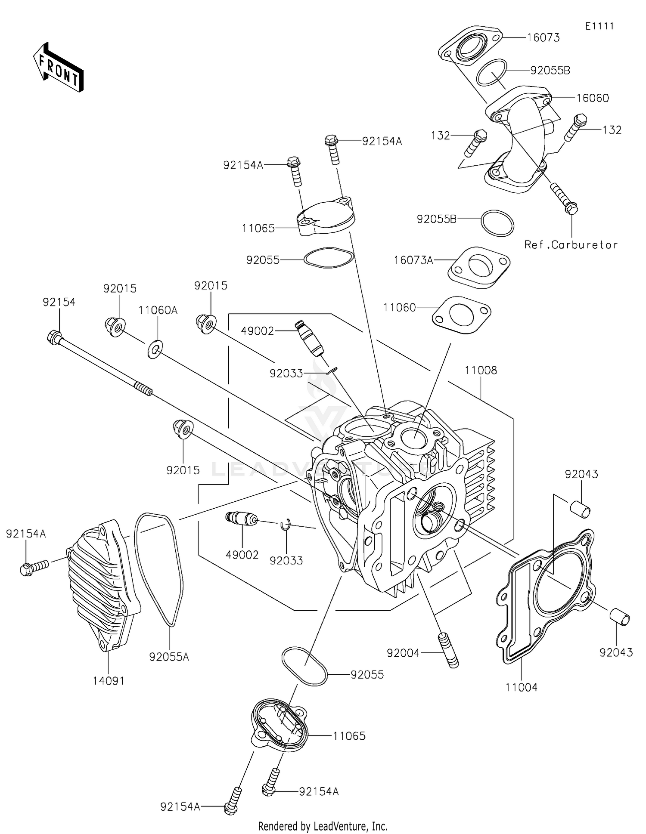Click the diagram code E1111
(x=599, y=26)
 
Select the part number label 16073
(x=543, y=38)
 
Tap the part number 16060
(x=592, y=98)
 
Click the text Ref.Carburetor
(x=571, y=245)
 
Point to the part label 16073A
(x=413, y=260)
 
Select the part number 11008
(x=481, y=370)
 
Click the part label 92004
(x=403, y=653)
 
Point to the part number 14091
(x=109, y=681)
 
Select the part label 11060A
(x=158, y=310)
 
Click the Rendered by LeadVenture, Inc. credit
(x=323, y=826)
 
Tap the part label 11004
(x=521, y=687)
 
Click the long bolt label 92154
(x=59, y=302)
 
